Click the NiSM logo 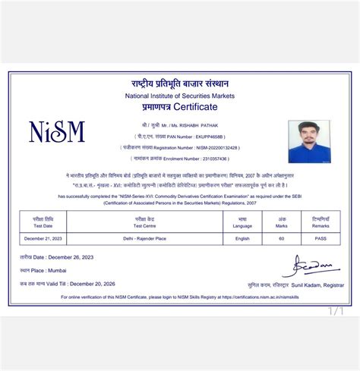coord(56,132)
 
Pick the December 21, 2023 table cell coord(43,238)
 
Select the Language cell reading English coord(242,238)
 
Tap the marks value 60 coord(280,238)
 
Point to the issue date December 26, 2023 coord(75,258)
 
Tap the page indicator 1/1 coord(336,310)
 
